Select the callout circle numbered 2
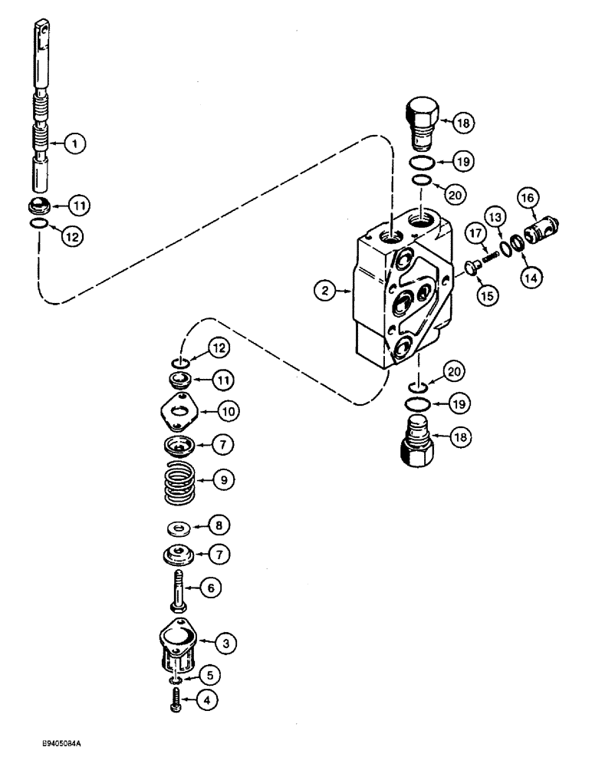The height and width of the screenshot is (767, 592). pos(327,290)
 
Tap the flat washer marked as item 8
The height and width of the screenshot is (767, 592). pos(179,528)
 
